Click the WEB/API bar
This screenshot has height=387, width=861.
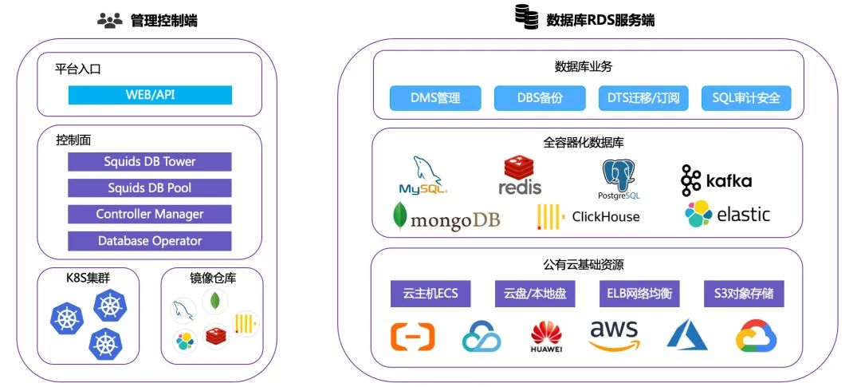tap(150, 95)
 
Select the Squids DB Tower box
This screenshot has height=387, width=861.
tap(150, 161)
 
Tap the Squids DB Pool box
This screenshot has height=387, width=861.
tap(150, 188)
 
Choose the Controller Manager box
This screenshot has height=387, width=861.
tap(150, 214)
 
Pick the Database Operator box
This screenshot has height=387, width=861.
tap(150, 240)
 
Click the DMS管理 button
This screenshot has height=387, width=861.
tap(435, 98)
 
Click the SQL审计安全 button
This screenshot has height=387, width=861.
tap(746, 98)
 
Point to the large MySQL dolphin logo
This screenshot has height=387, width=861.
tap(424, 176)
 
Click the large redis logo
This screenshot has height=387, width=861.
tap(521, 176)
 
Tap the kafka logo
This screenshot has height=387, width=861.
tap(716, 180)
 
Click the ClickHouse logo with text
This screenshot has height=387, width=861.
tap(588, 216)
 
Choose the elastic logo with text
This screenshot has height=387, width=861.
tap(727, 214)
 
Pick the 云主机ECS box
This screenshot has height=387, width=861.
tap(431, 293)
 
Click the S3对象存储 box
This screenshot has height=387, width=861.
tap(744, 293)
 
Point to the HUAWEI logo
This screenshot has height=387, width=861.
tap(547, 337)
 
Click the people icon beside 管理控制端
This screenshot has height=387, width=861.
tap(109, 21)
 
